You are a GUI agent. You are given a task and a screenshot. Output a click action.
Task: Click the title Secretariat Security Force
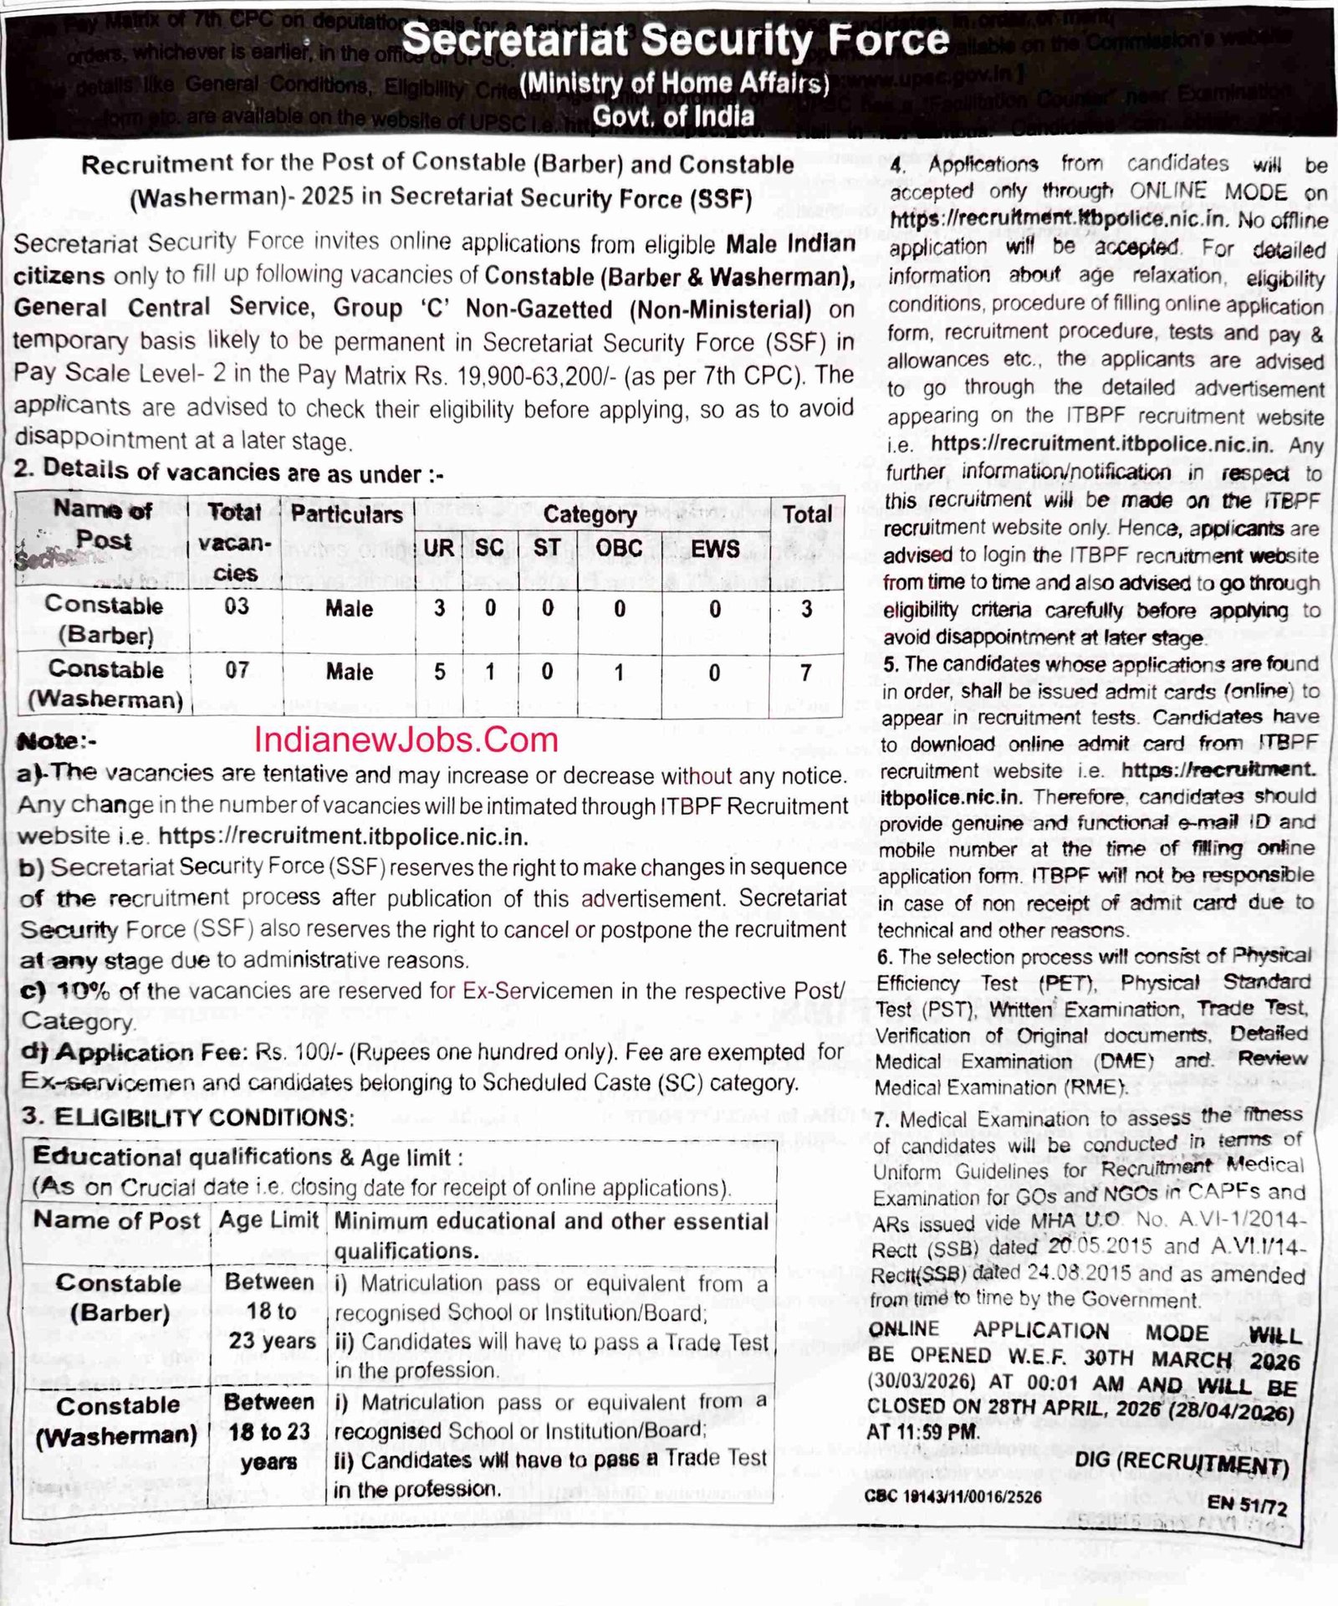[x=676, y=40]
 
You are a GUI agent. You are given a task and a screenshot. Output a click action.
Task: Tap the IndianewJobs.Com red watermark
[x=406, y=739]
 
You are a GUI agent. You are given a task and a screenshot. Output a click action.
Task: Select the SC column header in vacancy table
[x=489, y=548]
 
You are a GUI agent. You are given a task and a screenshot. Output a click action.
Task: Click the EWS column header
[x=715, y=549]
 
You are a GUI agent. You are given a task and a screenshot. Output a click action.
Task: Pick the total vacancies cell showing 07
[x=237, y=670]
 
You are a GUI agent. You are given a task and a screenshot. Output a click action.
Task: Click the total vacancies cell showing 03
[x=237, y=606]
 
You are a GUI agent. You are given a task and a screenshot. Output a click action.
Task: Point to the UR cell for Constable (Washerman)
[x=439, y=672]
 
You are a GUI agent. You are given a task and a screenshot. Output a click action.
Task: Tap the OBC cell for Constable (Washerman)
[x=619, y=673]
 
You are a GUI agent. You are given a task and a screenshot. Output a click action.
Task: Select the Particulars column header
[x=347, y=514]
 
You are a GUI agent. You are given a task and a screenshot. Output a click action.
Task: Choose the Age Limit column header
[x=268, y=1220]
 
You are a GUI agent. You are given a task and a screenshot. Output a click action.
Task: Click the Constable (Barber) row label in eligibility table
[x=118, y=1297]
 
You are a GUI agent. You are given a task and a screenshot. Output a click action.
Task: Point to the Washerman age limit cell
[x=268, y=1431]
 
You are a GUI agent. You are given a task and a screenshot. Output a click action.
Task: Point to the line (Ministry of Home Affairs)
[x=674, y=83]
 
